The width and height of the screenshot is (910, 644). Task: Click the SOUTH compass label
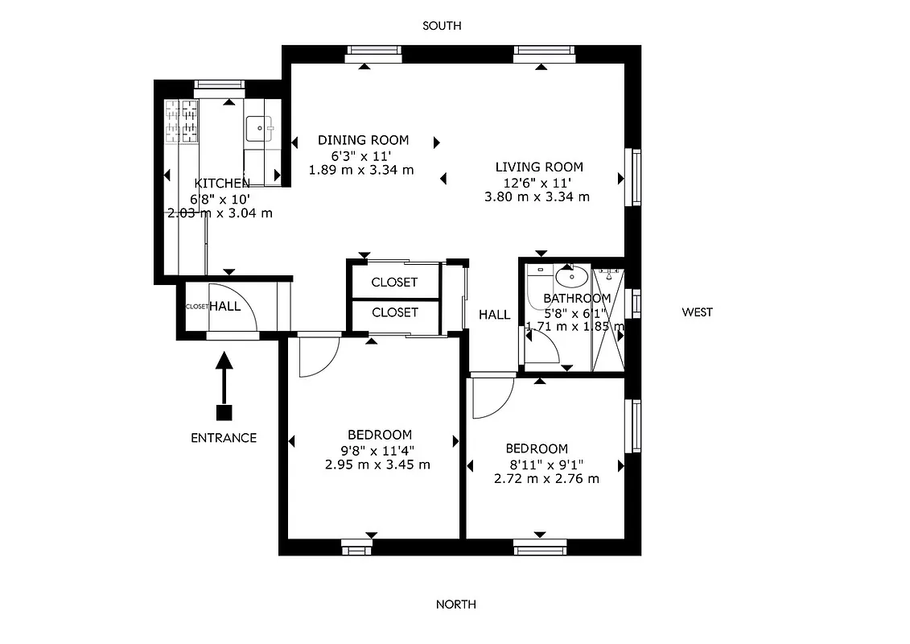coord(442,26)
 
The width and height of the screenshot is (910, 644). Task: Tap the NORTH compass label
coord(455,605)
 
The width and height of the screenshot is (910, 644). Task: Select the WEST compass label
coord(697,312)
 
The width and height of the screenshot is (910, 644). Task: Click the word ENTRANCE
coord(224,438)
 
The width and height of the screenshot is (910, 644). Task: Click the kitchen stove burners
coord(182,120)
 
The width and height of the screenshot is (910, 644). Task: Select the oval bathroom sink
coord(571,279)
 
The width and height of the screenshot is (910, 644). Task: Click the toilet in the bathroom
coord(537,286)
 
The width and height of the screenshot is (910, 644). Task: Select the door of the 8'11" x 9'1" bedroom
coord(492,396)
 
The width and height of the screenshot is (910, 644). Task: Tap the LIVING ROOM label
coord(538,167)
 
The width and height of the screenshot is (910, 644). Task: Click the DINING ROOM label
coord(363,140)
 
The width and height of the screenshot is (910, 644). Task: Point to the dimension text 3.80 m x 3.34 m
coord(537,196)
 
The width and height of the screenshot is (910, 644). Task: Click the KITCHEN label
coord(222,184)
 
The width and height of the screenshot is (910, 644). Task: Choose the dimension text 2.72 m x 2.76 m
coord(546,478)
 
